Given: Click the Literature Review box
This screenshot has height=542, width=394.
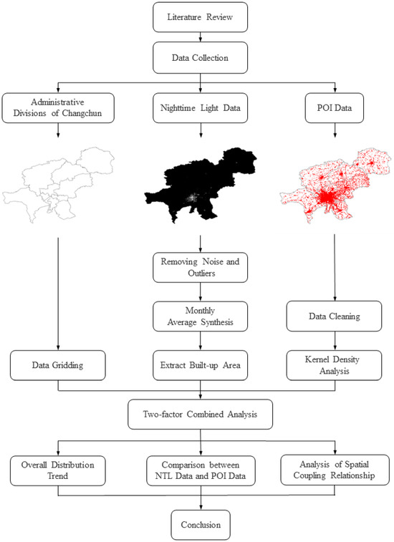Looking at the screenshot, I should (x=201, y=17).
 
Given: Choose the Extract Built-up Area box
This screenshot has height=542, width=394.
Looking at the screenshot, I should (x=201, y=365).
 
